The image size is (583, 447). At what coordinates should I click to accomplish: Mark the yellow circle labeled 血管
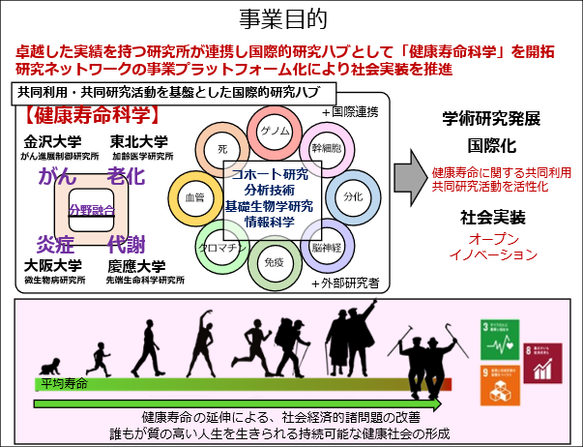pyautogui.click(x=193, y=196)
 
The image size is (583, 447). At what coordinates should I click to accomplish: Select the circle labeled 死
pyautogui.click(x=222, y=150)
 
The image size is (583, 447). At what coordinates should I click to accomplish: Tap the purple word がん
pyautogui.click(x=57, y=176)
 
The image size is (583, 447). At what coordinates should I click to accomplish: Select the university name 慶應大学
pyautogui.click(x=136, y=265)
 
